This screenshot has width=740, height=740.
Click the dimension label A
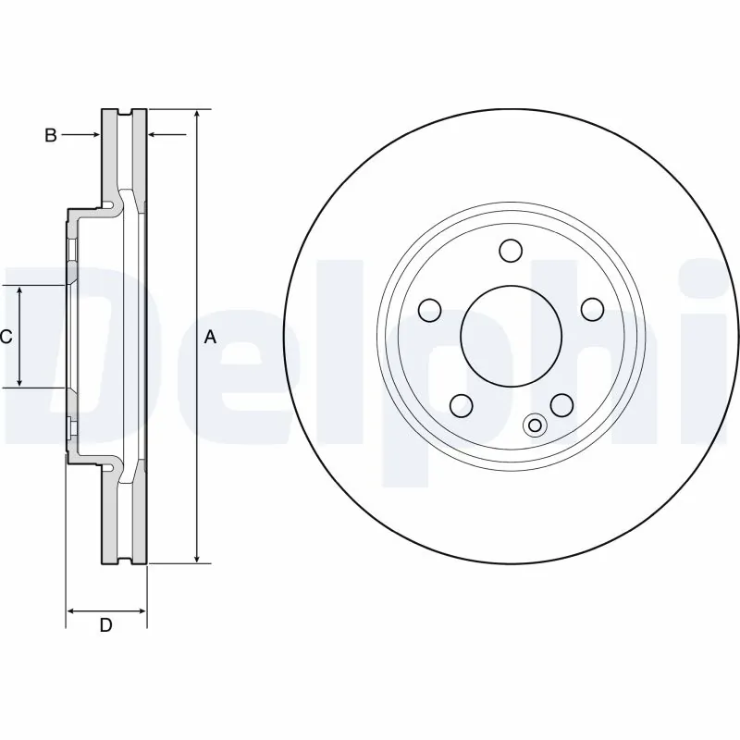[210, 338]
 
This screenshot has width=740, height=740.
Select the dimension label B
[51, 136]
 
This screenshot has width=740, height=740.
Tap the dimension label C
[6, 337]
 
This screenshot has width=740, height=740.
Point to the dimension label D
[105, 626]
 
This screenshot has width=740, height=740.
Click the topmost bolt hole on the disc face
[510, 251]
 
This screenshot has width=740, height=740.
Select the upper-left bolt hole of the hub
[430, 309]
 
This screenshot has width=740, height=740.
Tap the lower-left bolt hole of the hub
[461, 403]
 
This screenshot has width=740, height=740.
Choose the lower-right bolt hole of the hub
[560, 403]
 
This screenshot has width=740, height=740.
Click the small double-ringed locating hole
[535, 425]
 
